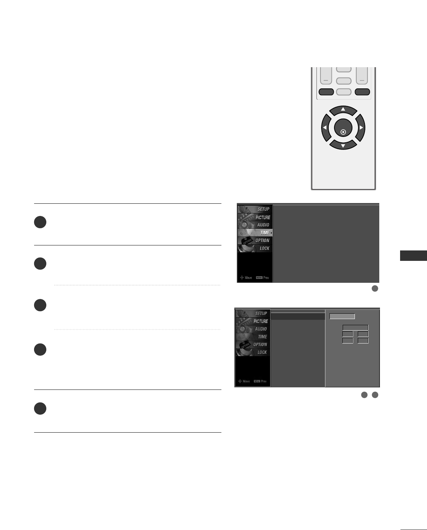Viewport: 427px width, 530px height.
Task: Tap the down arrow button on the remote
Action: [343, 145]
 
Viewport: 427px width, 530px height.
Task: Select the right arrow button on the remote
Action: [361, 128]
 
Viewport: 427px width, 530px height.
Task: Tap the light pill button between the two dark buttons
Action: [344, 92]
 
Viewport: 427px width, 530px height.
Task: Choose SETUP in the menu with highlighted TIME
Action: [263, 209]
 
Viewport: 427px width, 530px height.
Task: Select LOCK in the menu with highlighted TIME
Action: [264, 248]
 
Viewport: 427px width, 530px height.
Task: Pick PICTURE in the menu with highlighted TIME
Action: [263, 217]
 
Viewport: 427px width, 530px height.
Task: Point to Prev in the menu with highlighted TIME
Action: [266, 278]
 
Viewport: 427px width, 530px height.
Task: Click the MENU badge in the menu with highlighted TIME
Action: [259, 278]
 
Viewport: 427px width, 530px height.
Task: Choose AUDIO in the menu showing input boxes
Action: [261, 329]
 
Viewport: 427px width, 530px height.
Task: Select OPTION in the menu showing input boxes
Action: [260, 345]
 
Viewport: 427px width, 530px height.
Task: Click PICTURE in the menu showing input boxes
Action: [261, 321]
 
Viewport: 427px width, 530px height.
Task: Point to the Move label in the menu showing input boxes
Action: [246, 381]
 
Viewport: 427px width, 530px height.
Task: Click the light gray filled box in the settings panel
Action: [342, 317]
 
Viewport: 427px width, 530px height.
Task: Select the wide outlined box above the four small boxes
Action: [355, 328]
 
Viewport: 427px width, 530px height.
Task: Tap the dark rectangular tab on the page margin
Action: [413, 256]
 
